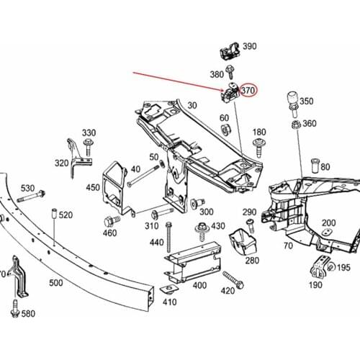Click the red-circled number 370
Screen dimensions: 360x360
248,91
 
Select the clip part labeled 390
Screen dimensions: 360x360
230,50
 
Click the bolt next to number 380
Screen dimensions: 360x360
230,72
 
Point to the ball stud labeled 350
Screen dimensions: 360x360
293,104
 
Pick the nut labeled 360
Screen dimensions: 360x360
296,125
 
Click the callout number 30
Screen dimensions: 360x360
192,105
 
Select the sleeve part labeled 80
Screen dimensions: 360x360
315,166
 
